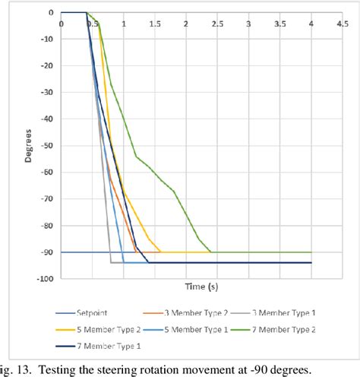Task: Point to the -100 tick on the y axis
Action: [x=44, y=279]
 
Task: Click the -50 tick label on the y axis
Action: [x=46, y=146]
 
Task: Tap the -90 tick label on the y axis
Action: [x=46, y=252]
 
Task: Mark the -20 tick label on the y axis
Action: [x=46, y=66]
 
